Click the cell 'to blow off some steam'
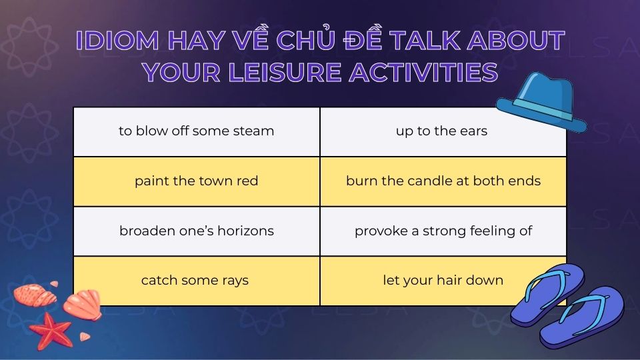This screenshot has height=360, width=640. [x=196, y=132]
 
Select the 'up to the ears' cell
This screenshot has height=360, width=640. [x=443, y=132]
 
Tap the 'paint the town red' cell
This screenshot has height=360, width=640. [x=196, y=181]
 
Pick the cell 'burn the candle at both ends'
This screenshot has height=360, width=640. [x=443, y=181]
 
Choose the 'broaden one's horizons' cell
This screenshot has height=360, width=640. [x=196, y=231]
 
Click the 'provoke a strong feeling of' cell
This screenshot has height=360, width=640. [x=443, y=231]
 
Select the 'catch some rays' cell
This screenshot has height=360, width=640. [x=196, y=281]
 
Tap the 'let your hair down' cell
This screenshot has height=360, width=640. [x=443, y=281]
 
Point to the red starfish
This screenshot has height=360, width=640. [x=51, y=331]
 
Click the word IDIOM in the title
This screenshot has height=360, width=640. [x=117, y=41]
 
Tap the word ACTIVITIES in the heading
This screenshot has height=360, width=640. [x=424, y=73]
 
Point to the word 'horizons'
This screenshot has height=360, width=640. [x=246, y=231]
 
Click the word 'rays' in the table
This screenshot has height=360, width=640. [x=235, y=281]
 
